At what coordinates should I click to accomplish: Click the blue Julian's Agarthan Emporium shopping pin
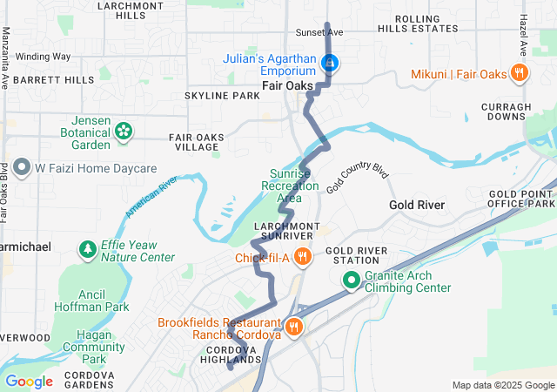330,63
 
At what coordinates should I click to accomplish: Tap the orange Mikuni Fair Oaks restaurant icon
519,73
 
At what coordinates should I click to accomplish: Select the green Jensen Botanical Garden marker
124,132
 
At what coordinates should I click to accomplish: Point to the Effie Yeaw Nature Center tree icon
87,251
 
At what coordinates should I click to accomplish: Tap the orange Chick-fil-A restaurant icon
302,257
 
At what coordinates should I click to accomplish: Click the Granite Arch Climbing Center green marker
351,280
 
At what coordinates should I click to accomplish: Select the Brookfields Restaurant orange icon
295,328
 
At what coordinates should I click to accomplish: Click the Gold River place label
417,205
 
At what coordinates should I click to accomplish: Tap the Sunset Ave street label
319,32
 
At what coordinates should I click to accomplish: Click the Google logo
29,381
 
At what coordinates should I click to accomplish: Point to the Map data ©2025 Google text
502,385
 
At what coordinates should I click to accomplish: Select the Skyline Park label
222,95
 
